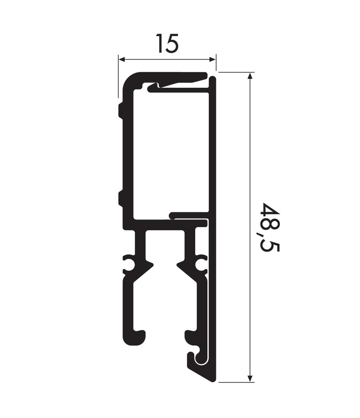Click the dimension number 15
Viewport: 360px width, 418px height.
point(167,43)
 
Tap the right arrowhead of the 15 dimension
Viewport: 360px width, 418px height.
point(212,59)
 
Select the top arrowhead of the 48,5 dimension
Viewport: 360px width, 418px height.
point(250,76)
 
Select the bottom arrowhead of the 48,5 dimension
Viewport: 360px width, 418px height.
point(250,379)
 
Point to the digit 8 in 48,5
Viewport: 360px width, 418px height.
point(271,224)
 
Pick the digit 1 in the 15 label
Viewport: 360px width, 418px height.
point(159,43)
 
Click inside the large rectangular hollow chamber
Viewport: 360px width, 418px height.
point(171,152)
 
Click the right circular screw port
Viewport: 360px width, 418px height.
point(201,265)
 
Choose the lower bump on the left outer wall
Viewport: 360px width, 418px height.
point(120,199)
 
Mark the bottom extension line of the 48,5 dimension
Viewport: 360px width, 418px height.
point(236,382)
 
